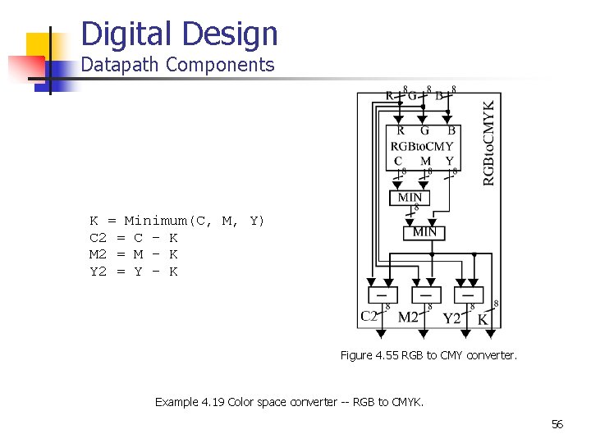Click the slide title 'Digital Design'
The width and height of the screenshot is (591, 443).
180,34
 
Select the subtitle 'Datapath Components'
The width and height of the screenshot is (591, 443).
177,65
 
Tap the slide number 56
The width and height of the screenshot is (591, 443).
557,424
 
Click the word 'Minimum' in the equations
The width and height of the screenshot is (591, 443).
155,221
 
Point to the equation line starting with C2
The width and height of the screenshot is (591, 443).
133,238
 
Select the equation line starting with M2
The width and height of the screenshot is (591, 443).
133,254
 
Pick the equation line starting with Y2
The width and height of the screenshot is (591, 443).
133,272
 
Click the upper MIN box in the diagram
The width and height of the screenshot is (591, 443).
410,198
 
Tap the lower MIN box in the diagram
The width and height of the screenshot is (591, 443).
424,232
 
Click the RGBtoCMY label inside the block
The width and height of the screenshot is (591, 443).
422,146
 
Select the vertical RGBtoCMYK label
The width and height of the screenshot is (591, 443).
489,143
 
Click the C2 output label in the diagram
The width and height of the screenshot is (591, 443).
369,316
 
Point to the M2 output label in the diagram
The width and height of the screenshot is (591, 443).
408,317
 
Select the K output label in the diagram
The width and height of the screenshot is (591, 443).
483,318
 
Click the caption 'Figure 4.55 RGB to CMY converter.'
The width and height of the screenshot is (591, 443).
428,355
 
